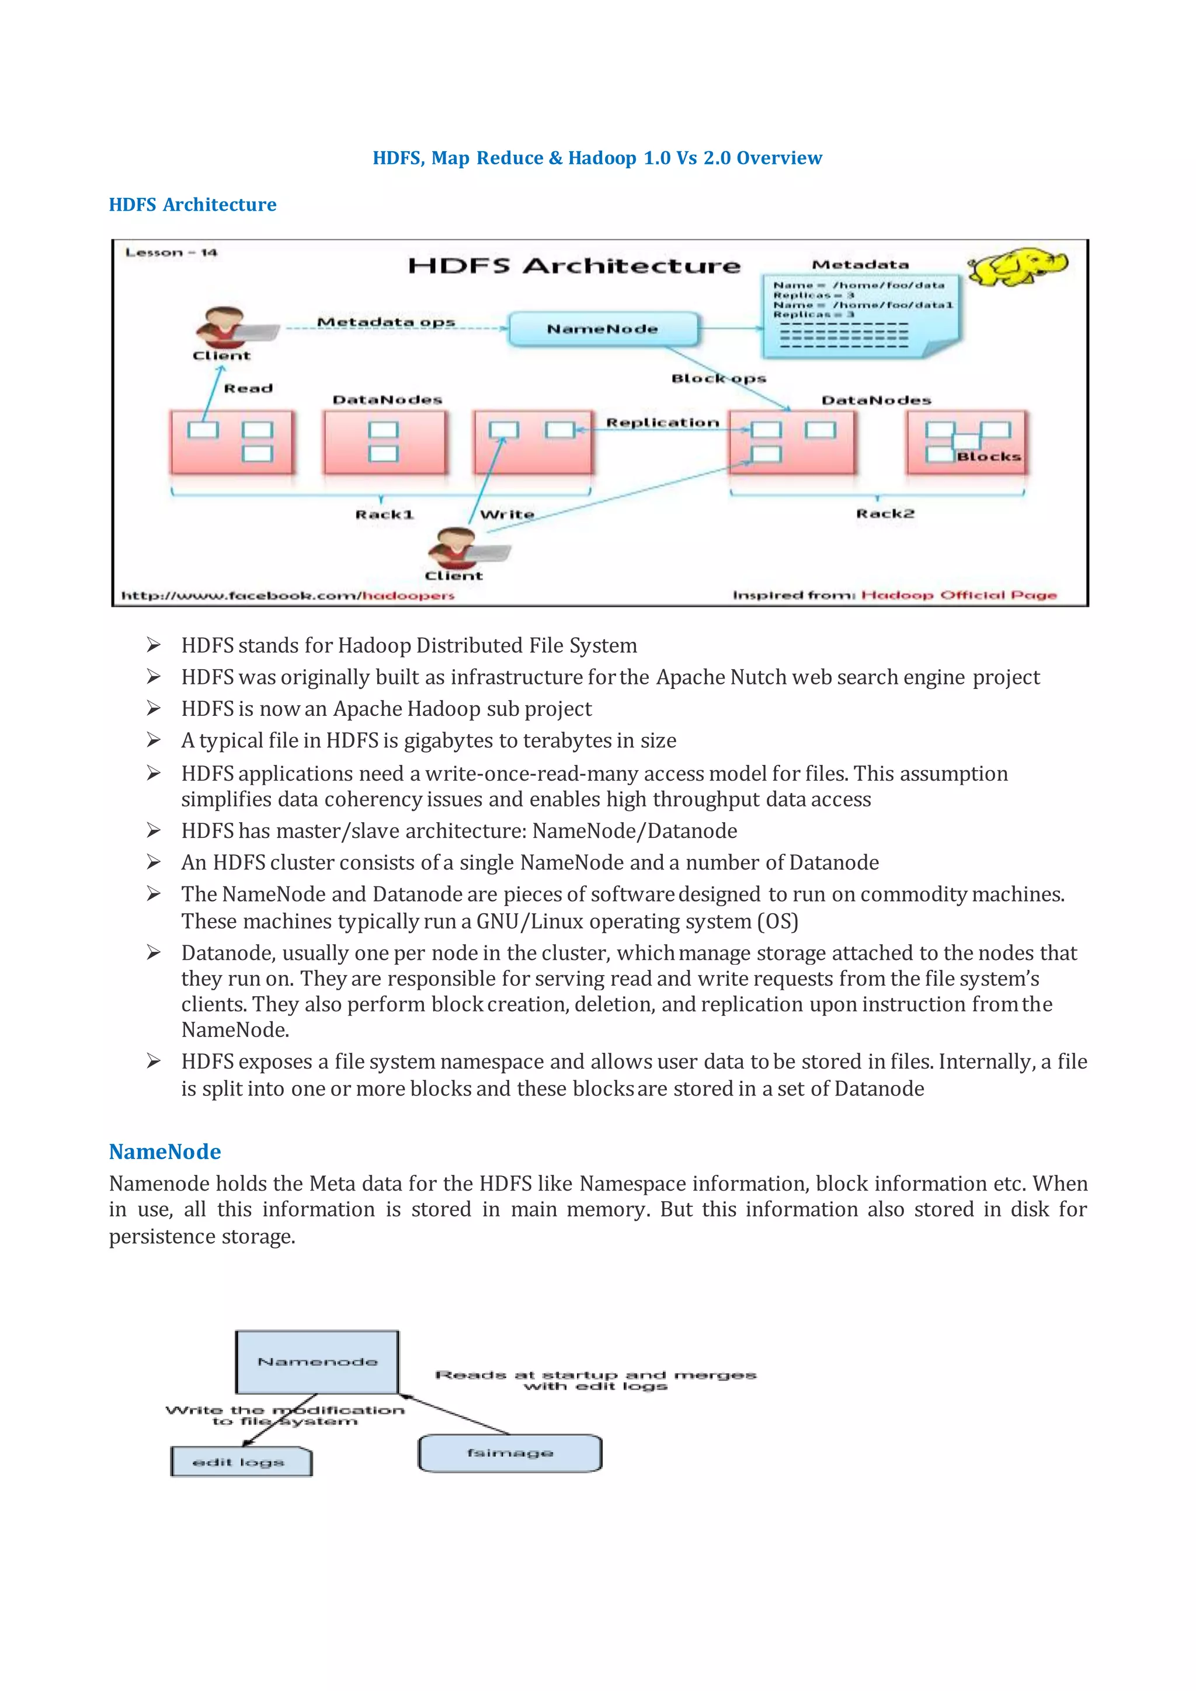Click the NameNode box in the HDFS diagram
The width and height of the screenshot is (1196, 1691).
[603, 329]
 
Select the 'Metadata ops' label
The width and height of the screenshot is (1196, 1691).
[386, 322]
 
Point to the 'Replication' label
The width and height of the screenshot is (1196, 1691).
[662, 423]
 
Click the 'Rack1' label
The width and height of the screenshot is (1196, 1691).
[384, 514]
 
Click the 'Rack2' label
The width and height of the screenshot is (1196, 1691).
[885, 513]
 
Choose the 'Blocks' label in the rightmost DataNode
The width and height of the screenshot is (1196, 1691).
[988, 457]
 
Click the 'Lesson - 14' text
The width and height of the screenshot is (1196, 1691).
[171, 253]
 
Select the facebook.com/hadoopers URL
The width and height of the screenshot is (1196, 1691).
[287, 595]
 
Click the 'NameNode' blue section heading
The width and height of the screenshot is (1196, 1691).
[165, 1151]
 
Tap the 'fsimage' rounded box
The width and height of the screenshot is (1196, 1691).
[510, 1452]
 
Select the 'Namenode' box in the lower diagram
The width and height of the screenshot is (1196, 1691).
[318, 1362]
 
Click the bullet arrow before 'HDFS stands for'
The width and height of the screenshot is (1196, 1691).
[153, 645]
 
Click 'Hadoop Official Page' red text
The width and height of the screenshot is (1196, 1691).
[959, 595]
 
